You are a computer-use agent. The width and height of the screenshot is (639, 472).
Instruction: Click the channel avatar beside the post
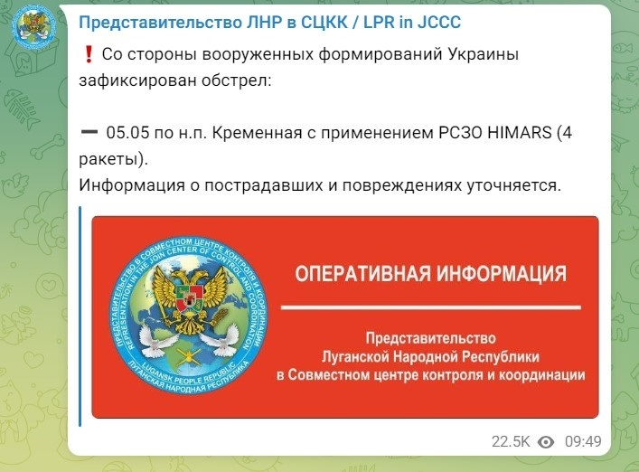point(33,25)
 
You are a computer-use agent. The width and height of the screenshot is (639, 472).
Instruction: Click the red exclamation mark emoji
point(89,54)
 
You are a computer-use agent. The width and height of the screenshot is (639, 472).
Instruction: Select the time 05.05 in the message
point(127,133)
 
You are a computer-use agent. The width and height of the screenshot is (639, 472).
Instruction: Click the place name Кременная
point(258,133)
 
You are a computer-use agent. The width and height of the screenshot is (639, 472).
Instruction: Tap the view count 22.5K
point(511,441)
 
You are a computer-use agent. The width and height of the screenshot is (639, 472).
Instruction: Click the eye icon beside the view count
point(546,442)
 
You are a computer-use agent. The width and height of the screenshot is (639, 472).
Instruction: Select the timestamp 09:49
point(583,441)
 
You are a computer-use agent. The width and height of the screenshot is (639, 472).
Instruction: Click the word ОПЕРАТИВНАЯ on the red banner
point(362,273)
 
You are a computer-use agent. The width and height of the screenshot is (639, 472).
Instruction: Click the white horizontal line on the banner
point(431,307)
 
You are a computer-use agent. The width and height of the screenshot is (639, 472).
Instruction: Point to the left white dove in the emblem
point(154,339)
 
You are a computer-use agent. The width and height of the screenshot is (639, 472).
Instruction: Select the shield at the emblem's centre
point(189,298)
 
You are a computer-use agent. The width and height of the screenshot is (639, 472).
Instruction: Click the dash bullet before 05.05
point(89,132)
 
